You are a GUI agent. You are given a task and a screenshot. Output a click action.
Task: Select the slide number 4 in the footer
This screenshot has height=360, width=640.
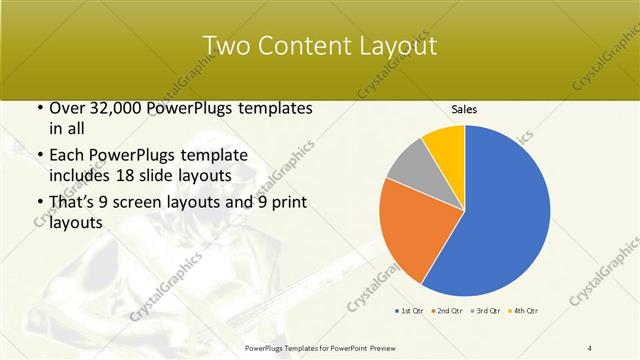(x=590, y=347)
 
